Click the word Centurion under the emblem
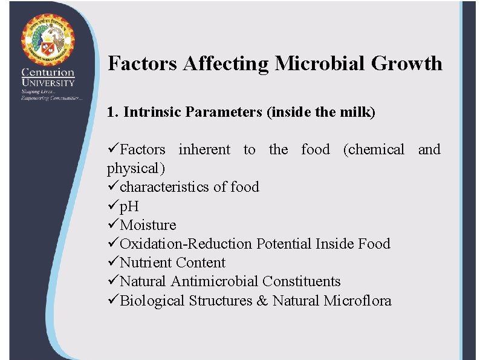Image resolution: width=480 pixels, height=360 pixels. coord(48,73)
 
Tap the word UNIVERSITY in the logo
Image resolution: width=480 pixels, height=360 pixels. coord(48,83)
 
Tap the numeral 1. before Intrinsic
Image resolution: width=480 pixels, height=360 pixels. coord(112,112)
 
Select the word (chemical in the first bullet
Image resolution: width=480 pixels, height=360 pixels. coord(374,149)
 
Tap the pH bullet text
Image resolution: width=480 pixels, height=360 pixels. coord(129,206)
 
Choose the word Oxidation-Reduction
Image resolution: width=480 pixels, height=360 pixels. coord(186,244)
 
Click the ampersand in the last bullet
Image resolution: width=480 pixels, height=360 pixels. coord(262,300)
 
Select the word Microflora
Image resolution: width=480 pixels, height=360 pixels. coord(357,300)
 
